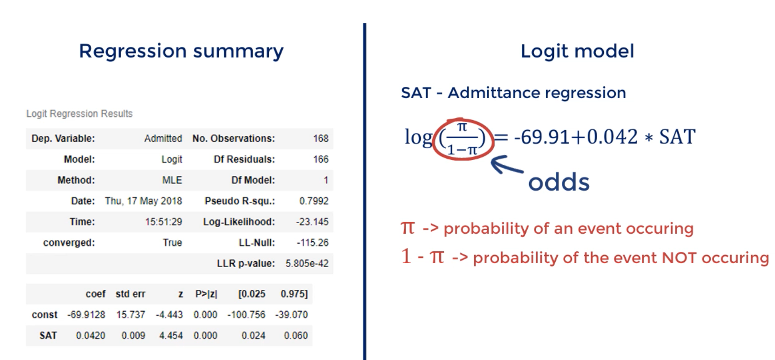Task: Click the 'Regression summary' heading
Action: pyautogui.click(x=181, y=51)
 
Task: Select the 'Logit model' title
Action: pyautogui.click(x=578, y=51)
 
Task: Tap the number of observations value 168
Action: pyautogui.click(x=321, y=138)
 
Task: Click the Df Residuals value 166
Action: pyautogui.click(x=321, y=159)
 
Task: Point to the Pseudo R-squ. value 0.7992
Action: pyautogui.click(x=314, y=201)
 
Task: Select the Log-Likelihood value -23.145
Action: pyautogui.click(x=312, y=222)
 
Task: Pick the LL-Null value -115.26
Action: pyautogui.click(x=312, y=242)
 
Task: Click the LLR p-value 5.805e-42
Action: pyautogui.click(x=307, y=263)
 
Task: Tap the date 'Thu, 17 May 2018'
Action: pyautogui.click(x=143, y=201)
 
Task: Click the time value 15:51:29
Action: pyautogui.click(x=163, y=222)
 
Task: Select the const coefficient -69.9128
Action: pyautogui.click(x=86, y=315)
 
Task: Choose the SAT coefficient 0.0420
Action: pyautogui.click(x=91, y=335)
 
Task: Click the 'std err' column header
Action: pyautogui.click(x=131, y=294)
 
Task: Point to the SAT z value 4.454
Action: pyautogui.click(x=171, y=335)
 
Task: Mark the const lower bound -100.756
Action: pyautogui.click(x=246, y=315)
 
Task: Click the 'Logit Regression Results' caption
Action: pyautogui.click(x=80, y=114)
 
